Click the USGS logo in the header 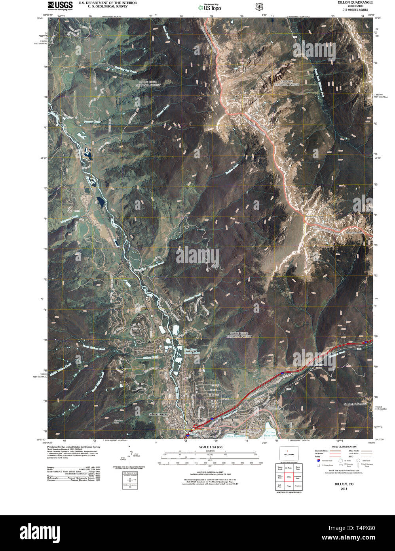60,5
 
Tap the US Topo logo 210,7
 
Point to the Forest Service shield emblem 259,7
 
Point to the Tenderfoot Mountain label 355,404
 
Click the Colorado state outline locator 289,453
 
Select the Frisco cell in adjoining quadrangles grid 289,486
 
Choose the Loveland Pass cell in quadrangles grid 298,477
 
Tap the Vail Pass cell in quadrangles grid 280,486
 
